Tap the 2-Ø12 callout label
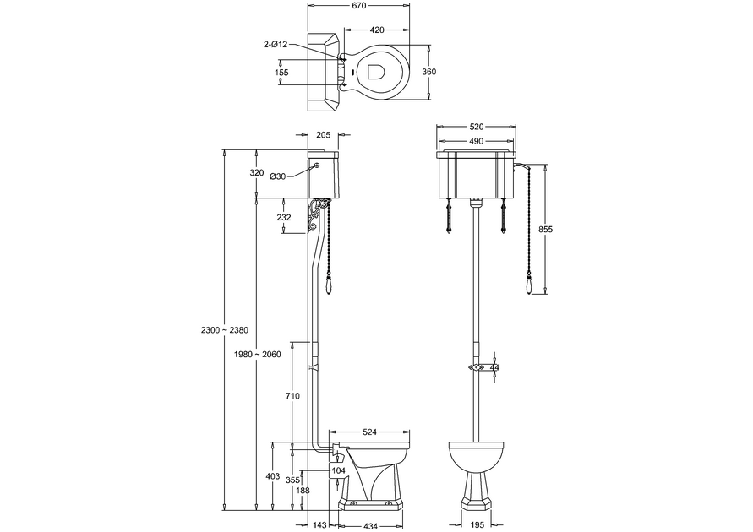(276, 44)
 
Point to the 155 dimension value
(281, 73)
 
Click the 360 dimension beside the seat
(428, 72)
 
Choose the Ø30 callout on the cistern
(278, 176)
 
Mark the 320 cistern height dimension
(257, 172)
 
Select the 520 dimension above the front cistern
(476, 127)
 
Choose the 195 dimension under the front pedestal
(476, 524)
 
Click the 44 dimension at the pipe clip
(494, 368)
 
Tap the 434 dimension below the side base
(371, 525)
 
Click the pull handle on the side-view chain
(330, 290)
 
